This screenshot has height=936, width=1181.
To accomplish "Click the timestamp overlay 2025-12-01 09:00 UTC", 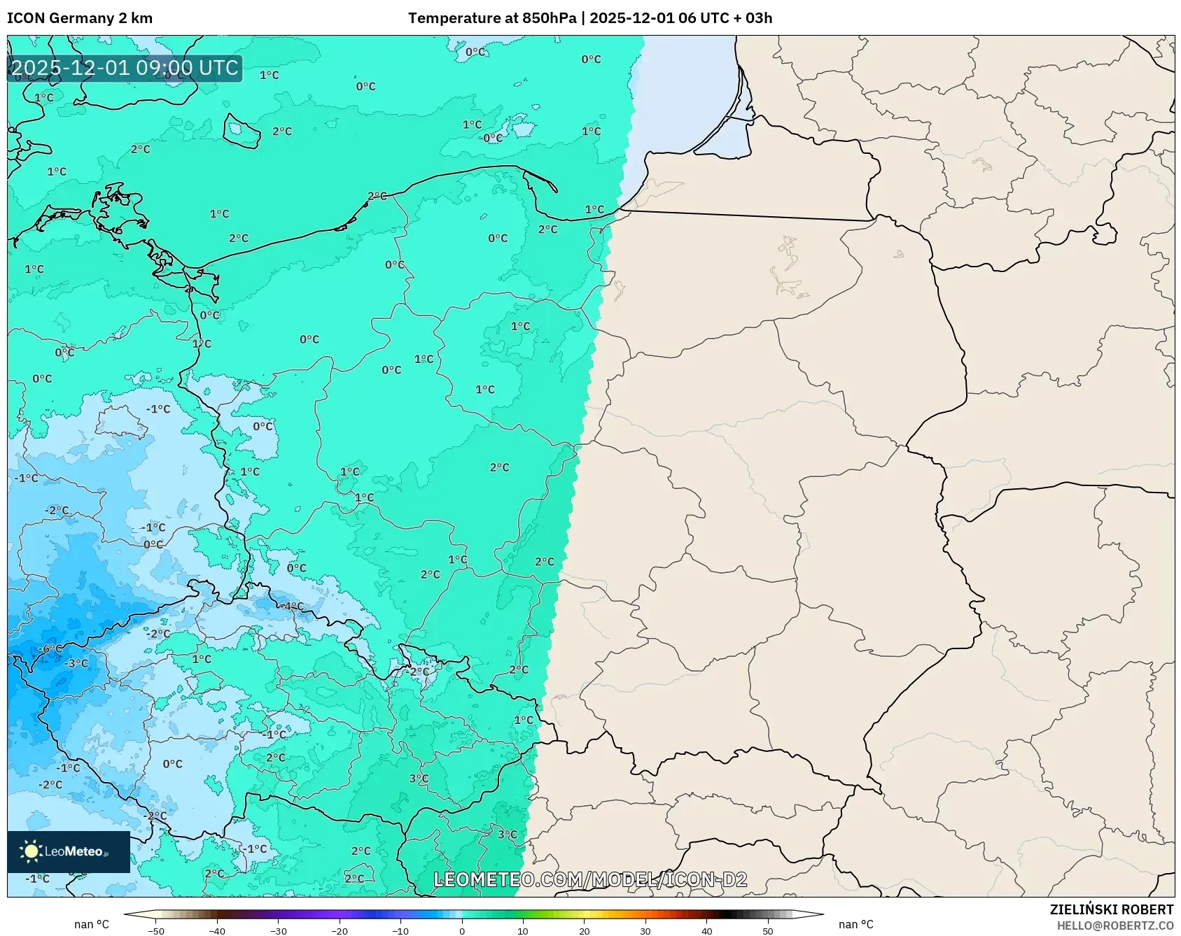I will (x=125, y=68).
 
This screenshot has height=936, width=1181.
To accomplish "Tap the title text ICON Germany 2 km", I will (x=80, y=18).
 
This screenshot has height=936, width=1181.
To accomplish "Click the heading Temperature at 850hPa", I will (x=492, y=18).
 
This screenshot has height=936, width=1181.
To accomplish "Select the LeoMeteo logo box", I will (x=69, y=851).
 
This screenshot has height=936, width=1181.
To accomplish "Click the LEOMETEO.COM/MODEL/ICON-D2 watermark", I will (x=590, y=879).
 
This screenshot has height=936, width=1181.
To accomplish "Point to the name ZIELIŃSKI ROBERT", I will (x=1111, y=909).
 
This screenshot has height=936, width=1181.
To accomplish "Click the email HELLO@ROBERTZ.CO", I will (x=1114, y=926).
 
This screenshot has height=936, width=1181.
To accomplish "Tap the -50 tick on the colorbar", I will (x=156, y=930).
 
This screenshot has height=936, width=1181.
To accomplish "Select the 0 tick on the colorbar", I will (x=462, y=930).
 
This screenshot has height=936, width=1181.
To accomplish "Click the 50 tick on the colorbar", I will (x=768, y=930).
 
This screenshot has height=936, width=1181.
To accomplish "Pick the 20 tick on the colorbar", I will (x=585, y=930).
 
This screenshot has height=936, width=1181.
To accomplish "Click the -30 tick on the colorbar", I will (x=279, y=930).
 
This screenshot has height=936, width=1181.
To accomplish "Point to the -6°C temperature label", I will (x=49, y=649).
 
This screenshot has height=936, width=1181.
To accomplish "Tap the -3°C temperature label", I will (x=76, y=663).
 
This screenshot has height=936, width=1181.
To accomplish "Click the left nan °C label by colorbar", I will (x=92, y=924).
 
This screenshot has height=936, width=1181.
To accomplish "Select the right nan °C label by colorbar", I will (x=855, y=924).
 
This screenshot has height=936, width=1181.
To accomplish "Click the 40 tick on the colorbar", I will (x=707, y=930).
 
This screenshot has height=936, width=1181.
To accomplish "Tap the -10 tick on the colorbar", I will (x=400, y=930).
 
